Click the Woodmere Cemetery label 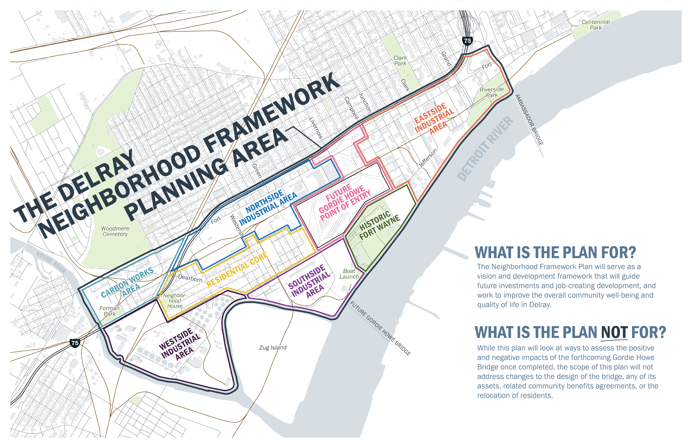115,231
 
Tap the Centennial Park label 595,25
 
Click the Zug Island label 273,347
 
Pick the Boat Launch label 349,274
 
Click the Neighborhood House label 174,300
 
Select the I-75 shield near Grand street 467,41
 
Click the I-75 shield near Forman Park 75,343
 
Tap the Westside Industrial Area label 180,345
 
